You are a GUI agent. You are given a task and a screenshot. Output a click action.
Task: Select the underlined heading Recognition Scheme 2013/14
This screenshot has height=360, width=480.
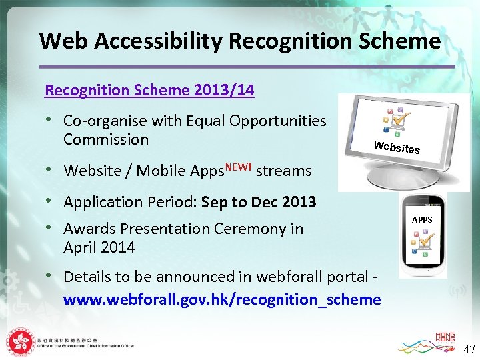click(x=149, y=90)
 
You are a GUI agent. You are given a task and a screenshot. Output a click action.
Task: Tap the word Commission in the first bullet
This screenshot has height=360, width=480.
click(x=105, y=139)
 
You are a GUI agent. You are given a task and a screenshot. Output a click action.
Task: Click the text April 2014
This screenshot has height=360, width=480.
click(x=99, y=247)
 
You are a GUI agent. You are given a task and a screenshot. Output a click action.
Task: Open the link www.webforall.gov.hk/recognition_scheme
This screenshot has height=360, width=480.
click(x=221, y=299)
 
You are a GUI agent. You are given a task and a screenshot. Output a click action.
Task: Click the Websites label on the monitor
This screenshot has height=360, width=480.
click(x=397, y=147)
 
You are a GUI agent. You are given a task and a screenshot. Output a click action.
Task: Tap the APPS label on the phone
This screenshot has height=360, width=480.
click(x=422, y=219)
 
